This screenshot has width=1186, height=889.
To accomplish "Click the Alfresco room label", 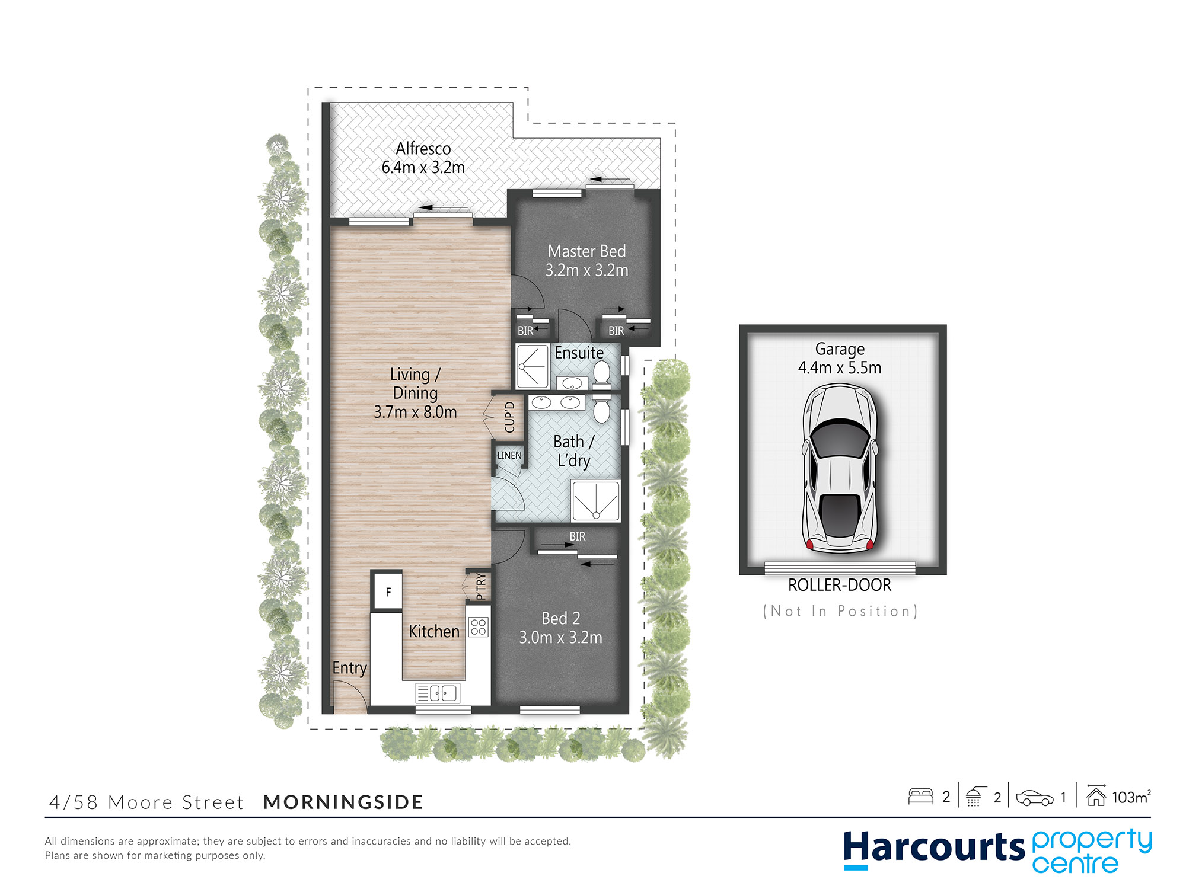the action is [x=423, y=148].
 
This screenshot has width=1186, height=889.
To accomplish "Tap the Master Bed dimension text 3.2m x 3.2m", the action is [x=587, y=270].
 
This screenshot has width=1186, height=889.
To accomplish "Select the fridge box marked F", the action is [x=387, y=591].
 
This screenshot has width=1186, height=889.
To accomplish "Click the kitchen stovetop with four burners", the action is [x=479, y=626].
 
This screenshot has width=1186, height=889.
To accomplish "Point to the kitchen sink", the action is [x=438, y=692].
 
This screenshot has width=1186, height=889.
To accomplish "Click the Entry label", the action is [x=349, y=668].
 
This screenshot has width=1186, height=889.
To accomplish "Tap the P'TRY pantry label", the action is [x=481, y=586].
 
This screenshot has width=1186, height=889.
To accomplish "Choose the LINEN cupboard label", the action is [x=509, y=455].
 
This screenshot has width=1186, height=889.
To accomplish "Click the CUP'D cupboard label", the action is [x=509, y=417].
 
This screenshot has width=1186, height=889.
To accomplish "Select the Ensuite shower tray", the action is [x=533, y=366].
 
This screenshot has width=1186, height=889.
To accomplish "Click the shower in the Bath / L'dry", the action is [x=595, y=501].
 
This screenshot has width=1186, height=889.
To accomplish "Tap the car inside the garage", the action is [x=840, y=468].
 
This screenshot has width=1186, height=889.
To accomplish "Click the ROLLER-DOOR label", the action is [x=840, y=585].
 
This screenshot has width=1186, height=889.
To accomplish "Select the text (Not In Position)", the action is [x=840, y=611].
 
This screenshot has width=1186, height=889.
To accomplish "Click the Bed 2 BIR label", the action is [x=578, y=536].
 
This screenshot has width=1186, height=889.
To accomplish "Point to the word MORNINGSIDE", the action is [x=343, y=802].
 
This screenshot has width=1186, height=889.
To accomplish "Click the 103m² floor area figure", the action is [x=1131, y=797].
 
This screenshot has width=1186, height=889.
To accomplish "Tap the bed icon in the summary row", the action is [x=921, y=796].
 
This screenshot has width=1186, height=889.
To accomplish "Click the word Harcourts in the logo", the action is [x=934, y=848].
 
